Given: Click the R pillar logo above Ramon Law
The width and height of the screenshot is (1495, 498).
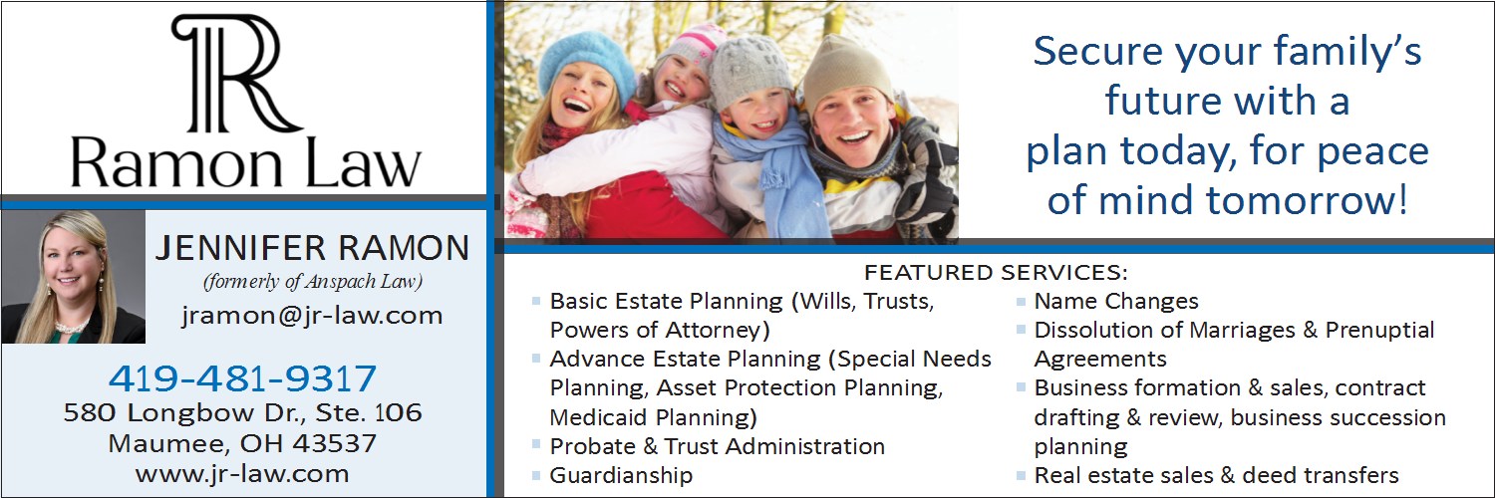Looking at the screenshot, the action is (x=237, y=74).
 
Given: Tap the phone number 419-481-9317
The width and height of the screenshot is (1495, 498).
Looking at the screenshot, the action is (x=242, y=378).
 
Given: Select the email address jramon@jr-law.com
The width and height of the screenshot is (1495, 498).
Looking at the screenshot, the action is (x=312, y=315).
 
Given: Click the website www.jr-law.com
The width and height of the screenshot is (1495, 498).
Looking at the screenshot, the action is (x=242, y=474).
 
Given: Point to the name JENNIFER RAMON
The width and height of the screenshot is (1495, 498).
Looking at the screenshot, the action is (x=312, y=248).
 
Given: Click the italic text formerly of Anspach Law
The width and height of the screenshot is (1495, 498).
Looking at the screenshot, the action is (x=313, y=281).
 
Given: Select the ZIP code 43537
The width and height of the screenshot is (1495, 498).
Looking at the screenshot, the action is (x=334, y=443).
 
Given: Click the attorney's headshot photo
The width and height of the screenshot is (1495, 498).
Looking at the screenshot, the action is (x=74, y=277).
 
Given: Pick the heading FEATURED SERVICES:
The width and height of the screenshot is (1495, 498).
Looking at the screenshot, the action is (x=996, y=272).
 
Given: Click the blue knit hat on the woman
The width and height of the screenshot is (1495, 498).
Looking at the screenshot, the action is (x=586, y=64).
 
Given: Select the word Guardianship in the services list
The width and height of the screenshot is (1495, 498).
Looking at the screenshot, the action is (x=621, y=475).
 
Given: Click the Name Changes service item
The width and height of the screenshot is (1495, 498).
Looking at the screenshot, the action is (x=1116, y=302).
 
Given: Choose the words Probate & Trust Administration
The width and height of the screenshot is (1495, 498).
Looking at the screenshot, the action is (x=717, y=446).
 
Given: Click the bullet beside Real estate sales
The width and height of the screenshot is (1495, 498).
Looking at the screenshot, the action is (x=1021, y=476).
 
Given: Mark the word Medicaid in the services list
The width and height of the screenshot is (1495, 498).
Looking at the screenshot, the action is (x=598, y=417).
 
